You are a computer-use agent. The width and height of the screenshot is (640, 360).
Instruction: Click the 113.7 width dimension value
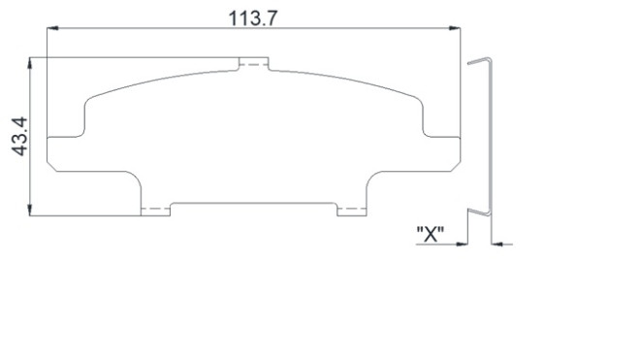(253, 18)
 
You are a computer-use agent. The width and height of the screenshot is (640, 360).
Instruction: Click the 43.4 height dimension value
(19, 136)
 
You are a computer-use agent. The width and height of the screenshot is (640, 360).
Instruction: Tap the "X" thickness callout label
(431, 234)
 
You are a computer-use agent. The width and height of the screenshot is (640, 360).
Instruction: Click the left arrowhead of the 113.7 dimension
(52, 28)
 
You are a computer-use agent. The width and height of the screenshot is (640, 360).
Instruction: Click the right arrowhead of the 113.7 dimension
(454, 28)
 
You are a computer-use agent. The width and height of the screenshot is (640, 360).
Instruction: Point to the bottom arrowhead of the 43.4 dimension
(29, 210)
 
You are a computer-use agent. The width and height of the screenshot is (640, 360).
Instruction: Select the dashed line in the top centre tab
(253, 65)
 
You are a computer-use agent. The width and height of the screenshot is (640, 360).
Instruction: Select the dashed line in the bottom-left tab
(155, 209)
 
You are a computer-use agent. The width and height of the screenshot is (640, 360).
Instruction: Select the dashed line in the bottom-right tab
(352, 209)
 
